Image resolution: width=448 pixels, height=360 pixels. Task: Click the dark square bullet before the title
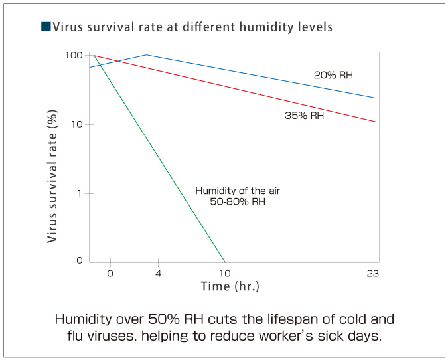point(45,27)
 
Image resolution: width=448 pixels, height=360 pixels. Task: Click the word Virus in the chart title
point(67,27)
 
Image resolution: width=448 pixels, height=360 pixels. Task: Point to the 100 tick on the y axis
point(74,55)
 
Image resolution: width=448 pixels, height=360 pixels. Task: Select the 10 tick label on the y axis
point(76,124)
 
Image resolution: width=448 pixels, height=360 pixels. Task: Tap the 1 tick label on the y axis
point(80,193)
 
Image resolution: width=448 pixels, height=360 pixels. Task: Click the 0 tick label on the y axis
point(79,260)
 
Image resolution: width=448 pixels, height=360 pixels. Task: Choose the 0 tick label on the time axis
point(110,274)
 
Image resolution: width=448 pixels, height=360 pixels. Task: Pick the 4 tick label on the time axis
point(158,274)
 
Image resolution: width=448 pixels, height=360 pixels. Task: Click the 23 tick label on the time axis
point(372,274)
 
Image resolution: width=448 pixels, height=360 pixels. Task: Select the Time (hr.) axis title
point(230,287)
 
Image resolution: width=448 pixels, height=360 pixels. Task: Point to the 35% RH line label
point(304,116)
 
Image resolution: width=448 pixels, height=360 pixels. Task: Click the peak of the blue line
point(146,54)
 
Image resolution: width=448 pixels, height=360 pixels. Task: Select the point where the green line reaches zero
point(226,262)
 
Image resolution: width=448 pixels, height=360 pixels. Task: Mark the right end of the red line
point(376,122)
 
